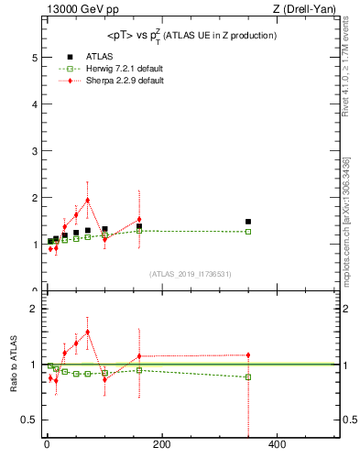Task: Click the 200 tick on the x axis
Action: (x=161, y=446)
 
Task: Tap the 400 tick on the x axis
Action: (x=276, y=446)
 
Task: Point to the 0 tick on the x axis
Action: (x=47, y=446)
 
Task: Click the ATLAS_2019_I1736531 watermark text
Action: (x=191, y=274)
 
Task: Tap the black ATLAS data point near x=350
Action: (x=248, y=222)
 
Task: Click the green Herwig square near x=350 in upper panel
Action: (x=248, y=232)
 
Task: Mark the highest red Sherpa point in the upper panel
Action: (x=88, y=200)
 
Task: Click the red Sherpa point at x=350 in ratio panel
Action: (x=248, y=354)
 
